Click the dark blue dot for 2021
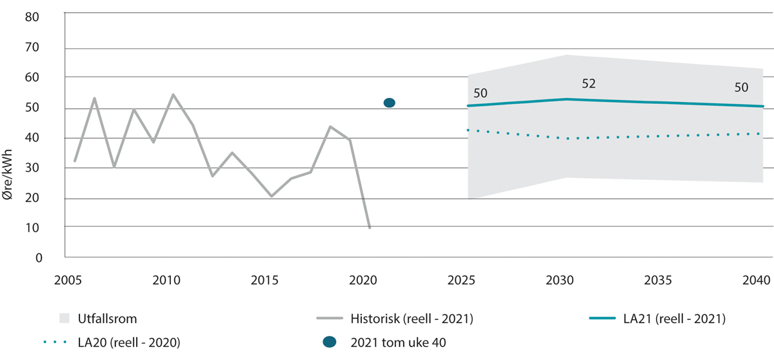389,103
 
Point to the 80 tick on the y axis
33,17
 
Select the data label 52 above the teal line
588,83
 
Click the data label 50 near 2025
481,94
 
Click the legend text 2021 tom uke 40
398,343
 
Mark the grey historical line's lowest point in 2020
370,228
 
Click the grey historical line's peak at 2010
174,94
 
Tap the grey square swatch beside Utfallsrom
64,318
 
